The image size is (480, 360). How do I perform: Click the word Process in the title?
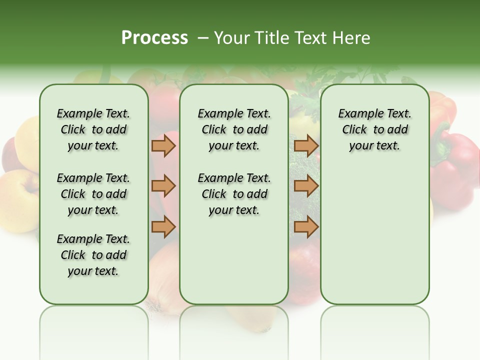pos(154,38)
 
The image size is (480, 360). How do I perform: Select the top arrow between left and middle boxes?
pos(163,146)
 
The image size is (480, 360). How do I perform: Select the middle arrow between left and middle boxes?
pos(163,186)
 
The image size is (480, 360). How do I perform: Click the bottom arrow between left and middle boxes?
pos(163,226)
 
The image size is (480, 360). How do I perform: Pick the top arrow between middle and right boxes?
pos(306,146)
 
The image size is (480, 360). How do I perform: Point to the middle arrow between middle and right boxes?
pos(306,186)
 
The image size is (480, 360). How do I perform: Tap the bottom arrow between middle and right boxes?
pos(306,226)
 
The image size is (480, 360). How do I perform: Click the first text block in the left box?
pos(93,130)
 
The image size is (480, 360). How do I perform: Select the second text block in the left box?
pos(93,194)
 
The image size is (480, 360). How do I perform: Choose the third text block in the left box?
pos(93,255)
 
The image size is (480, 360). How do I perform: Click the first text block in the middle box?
pos(234,130)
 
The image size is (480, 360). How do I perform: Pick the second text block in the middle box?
pos(234,194)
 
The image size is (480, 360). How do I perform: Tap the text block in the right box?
pos(374,130)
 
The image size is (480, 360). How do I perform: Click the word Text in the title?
pos(310,38)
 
